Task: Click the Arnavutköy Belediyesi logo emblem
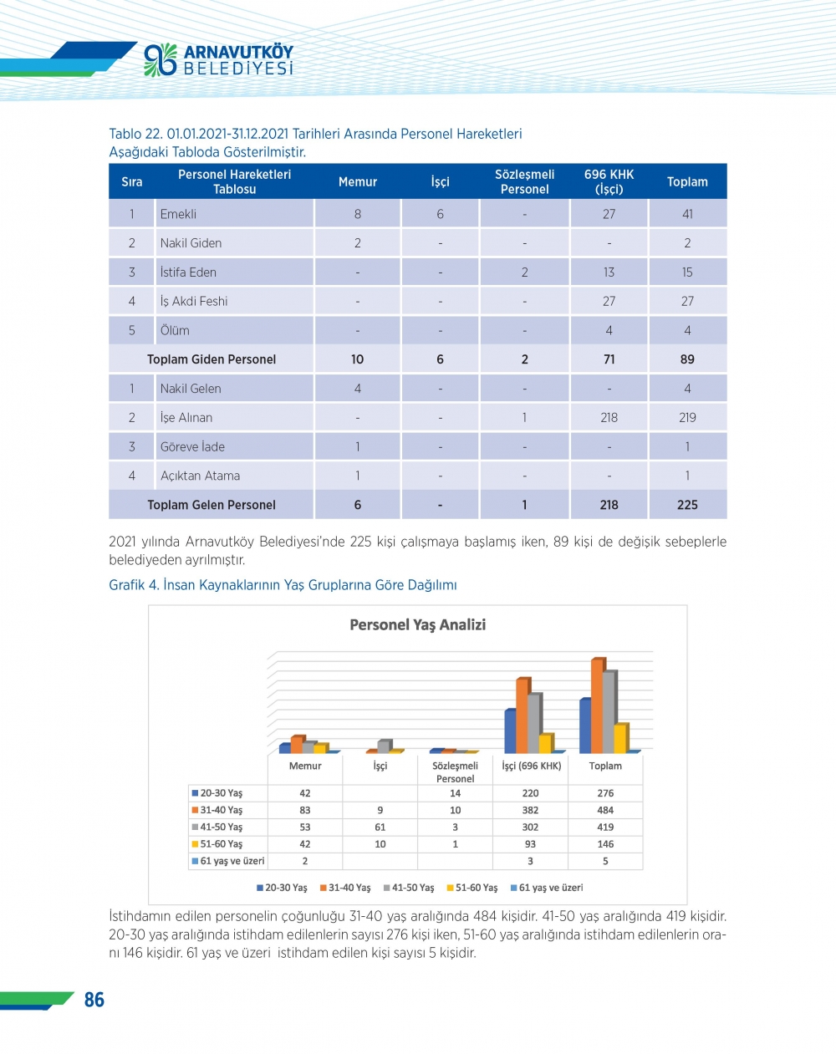pyautogui.click(x=160, y=60)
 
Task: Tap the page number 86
pyautogui.click(x=94, y=1000)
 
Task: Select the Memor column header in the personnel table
pyautogui.click(x=357, y=181)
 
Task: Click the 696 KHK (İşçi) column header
pyautogui.click(x=609, y=181)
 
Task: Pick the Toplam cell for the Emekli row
pyautogui.click(x=687, y=214)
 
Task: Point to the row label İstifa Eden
pyautogui.click(x=188, y=272)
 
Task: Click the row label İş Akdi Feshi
pyautogui.click(x=194, y=302)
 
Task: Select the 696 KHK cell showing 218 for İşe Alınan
pyautogui.click(x=609, y=418)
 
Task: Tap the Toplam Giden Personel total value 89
pyautogui.click(x=687, y=359)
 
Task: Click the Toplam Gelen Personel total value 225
pyautogui.click(x=687, y=505)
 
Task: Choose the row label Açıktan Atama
pyautogui.click(x=200, y=476)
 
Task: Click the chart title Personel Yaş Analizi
pyautogui.click(x=417, y=624)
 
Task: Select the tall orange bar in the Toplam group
pyautogui.click(x=598, y=706)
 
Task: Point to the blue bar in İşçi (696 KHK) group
pyautogui.click(x=509, y=731)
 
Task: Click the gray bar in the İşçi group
pyautogui.click(x=384, y=745)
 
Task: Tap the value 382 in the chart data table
pyautogui.click(x=530, y=810)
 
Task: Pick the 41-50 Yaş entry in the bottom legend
pyautogui.click(x=409, y=888)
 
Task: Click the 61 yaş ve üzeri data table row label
pyautogui.click(x=228, y=861)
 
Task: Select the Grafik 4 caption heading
pyautogui.click(x=283, y=585)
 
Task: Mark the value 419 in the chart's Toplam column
pyautogui.click(x=605, y=827)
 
